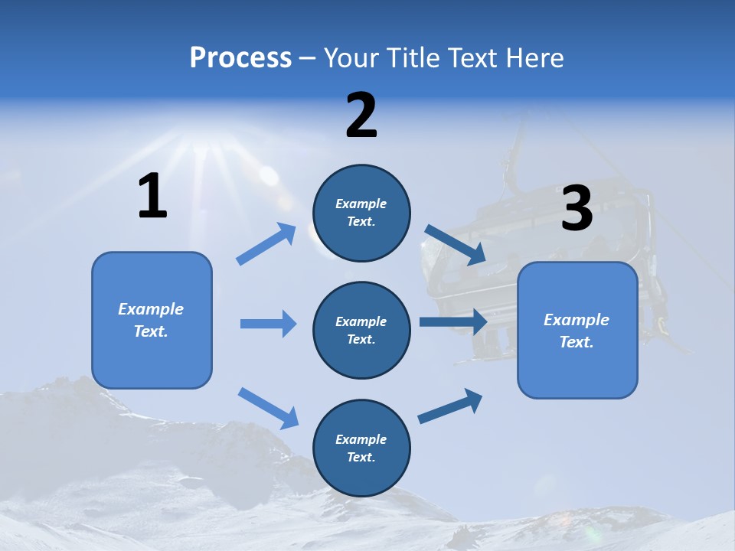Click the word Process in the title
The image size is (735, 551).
coord(240,57)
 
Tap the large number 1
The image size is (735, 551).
coord(152,196)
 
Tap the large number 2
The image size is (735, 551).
coord(361,116)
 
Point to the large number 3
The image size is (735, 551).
coord(577,208)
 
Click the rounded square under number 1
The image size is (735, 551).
coord(152,320)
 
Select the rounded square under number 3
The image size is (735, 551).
coord(577,330)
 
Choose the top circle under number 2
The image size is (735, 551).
coord(361,213)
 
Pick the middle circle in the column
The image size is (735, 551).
coord(361,330)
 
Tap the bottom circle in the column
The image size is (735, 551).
coord(361,448)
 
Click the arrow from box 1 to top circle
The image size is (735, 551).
coord(266,244)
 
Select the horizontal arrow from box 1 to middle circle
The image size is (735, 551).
coord(268,324)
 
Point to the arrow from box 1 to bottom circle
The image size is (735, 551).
coord(268,408)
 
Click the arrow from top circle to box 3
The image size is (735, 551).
coord(456,245)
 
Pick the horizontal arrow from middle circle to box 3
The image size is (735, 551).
coord(453,321)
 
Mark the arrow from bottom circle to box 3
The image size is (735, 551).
coord(450,406)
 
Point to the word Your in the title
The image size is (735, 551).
coord(351,57)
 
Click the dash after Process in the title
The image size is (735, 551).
coord(307,58)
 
